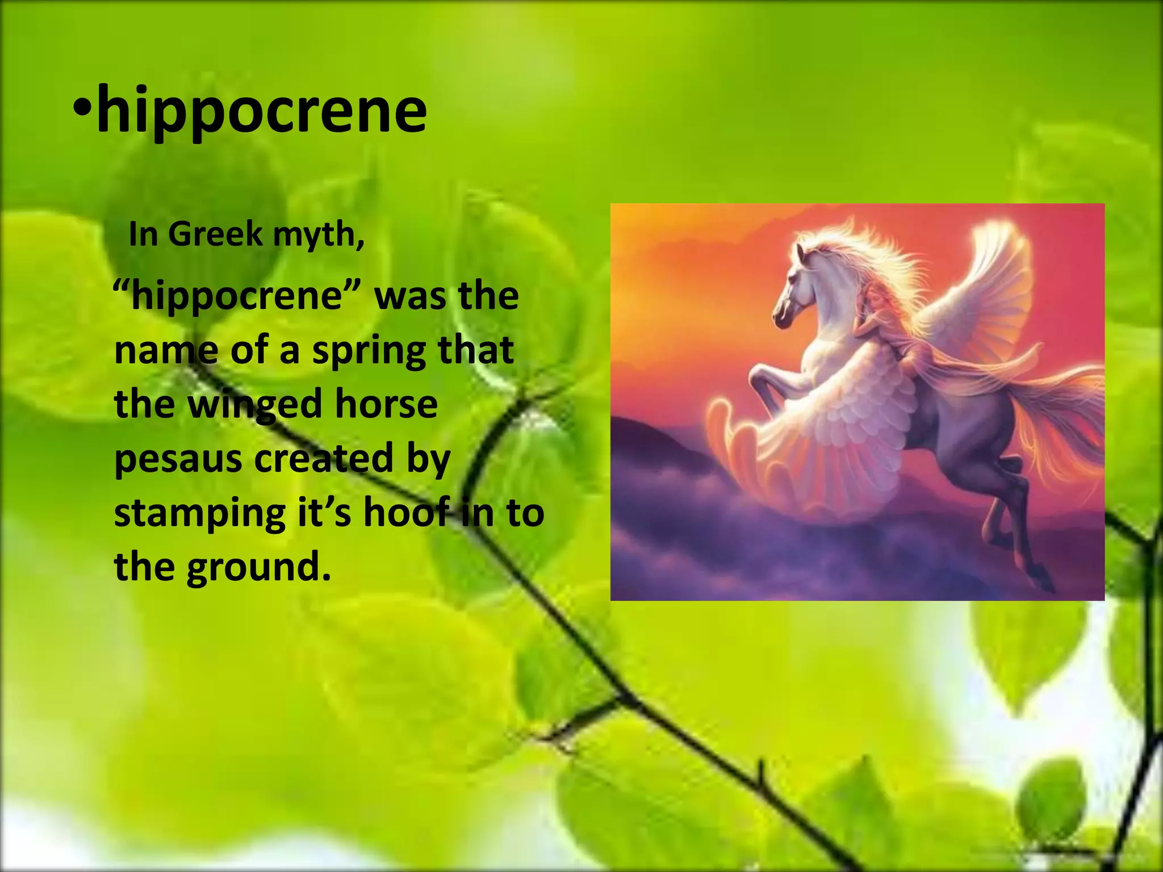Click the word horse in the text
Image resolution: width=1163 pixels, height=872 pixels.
[386, 404]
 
